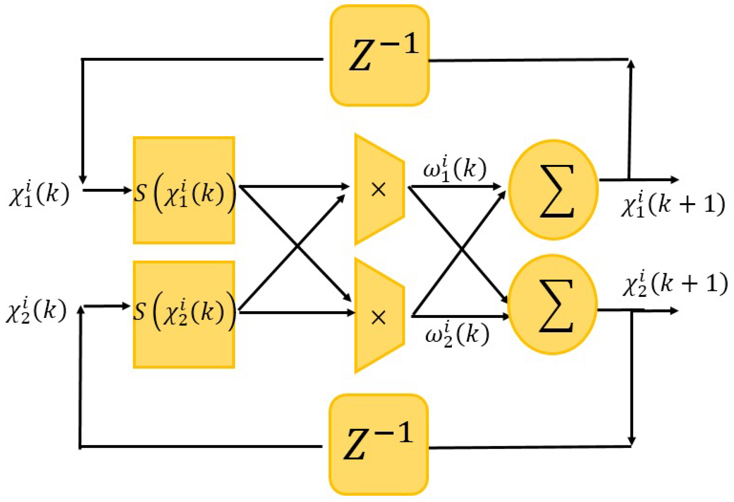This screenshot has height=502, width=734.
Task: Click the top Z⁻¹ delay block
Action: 379,56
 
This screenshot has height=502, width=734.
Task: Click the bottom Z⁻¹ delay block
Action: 379,444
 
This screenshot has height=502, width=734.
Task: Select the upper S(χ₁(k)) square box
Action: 184,190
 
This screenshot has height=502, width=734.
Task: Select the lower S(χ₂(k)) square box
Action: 184,314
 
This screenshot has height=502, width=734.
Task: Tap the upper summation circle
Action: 553,190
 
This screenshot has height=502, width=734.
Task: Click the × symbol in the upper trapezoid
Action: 378,190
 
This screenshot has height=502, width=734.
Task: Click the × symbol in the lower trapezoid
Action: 378,318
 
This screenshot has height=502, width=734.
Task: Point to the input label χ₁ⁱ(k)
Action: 39,194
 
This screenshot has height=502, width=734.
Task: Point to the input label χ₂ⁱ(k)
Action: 36,310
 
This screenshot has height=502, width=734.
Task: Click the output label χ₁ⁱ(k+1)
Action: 673,204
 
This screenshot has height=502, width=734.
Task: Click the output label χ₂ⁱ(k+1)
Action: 675,284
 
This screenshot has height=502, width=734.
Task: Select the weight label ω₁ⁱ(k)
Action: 455,169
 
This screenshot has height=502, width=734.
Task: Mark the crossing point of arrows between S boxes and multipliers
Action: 297,247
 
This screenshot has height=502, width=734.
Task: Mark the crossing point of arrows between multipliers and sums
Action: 461,249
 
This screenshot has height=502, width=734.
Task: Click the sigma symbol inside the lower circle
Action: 556,306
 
